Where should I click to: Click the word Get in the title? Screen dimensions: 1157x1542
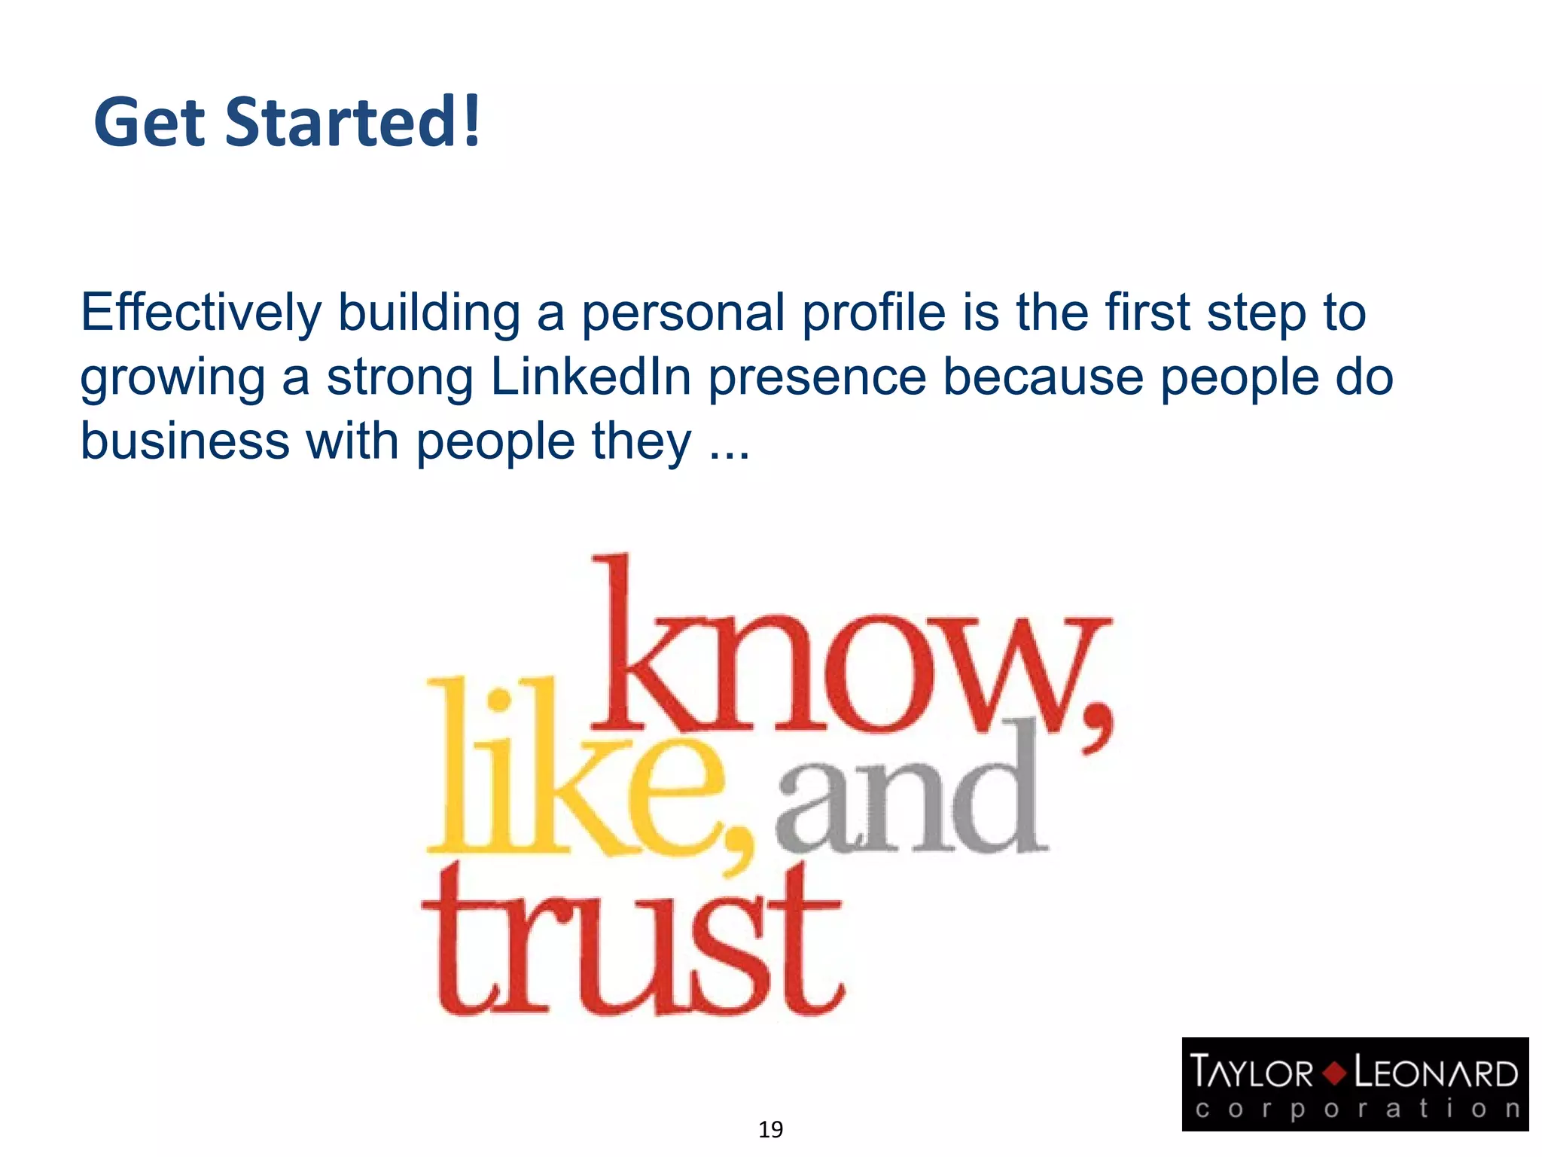(x=149, y=122)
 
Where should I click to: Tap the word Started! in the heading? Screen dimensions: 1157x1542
(x=352, y=122)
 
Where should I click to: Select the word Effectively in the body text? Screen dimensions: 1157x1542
(x=201, y=313)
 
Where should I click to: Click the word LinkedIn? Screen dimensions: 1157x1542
(x=590, y=377)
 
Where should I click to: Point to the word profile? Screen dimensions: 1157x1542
(x=873, y=313)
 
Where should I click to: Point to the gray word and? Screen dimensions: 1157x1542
(x=911, y=798)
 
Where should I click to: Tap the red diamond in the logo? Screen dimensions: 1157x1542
(x=1334, y=1073)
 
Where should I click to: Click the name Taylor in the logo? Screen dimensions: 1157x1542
(x=1252, y=1073)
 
